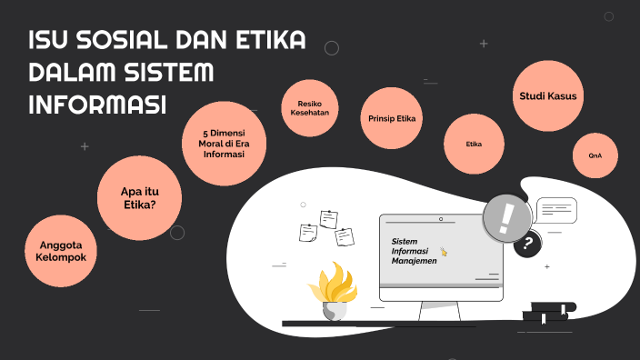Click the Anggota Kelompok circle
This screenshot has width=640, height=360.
(x=62, y=251)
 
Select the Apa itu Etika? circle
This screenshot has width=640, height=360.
(x=139, y=197)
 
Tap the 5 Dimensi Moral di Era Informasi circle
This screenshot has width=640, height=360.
(x=225, y=143)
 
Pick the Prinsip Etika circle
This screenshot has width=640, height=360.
(x=392, y=118)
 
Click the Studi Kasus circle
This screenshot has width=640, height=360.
(x=547, y=95)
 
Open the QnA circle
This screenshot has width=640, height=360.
(x=595, y=155)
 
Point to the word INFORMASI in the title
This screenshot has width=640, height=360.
(x=98, y=104)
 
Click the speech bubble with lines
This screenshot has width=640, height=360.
(x=556, y=211)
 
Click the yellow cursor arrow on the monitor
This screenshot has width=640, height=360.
(x=444, y=252)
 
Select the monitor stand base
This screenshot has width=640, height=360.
(x=440, y=318)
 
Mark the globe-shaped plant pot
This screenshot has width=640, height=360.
(x=335, y=310)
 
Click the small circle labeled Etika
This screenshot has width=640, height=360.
(x=474, y=145)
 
